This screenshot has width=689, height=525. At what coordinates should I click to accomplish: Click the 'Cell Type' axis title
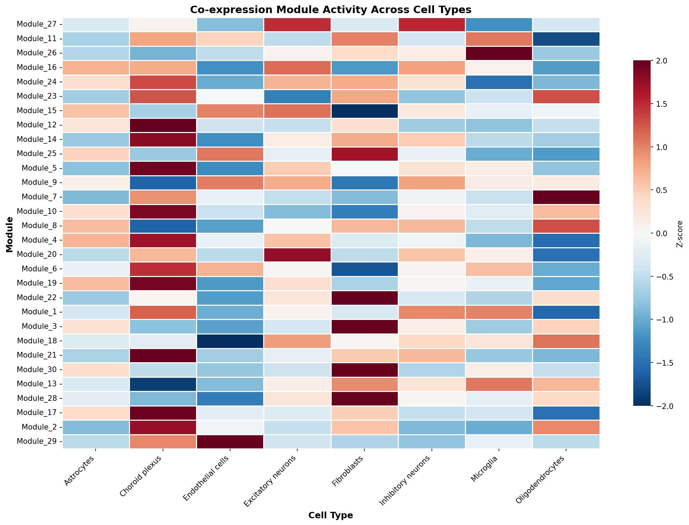click(x=331, y=515)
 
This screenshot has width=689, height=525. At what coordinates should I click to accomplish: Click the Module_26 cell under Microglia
click(x=499, y=53)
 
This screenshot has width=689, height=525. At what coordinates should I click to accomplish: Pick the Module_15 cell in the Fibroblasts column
click(x=365, y=111)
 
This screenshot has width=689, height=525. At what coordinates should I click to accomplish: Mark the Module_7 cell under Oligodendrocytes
click(x=566, y=197)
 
